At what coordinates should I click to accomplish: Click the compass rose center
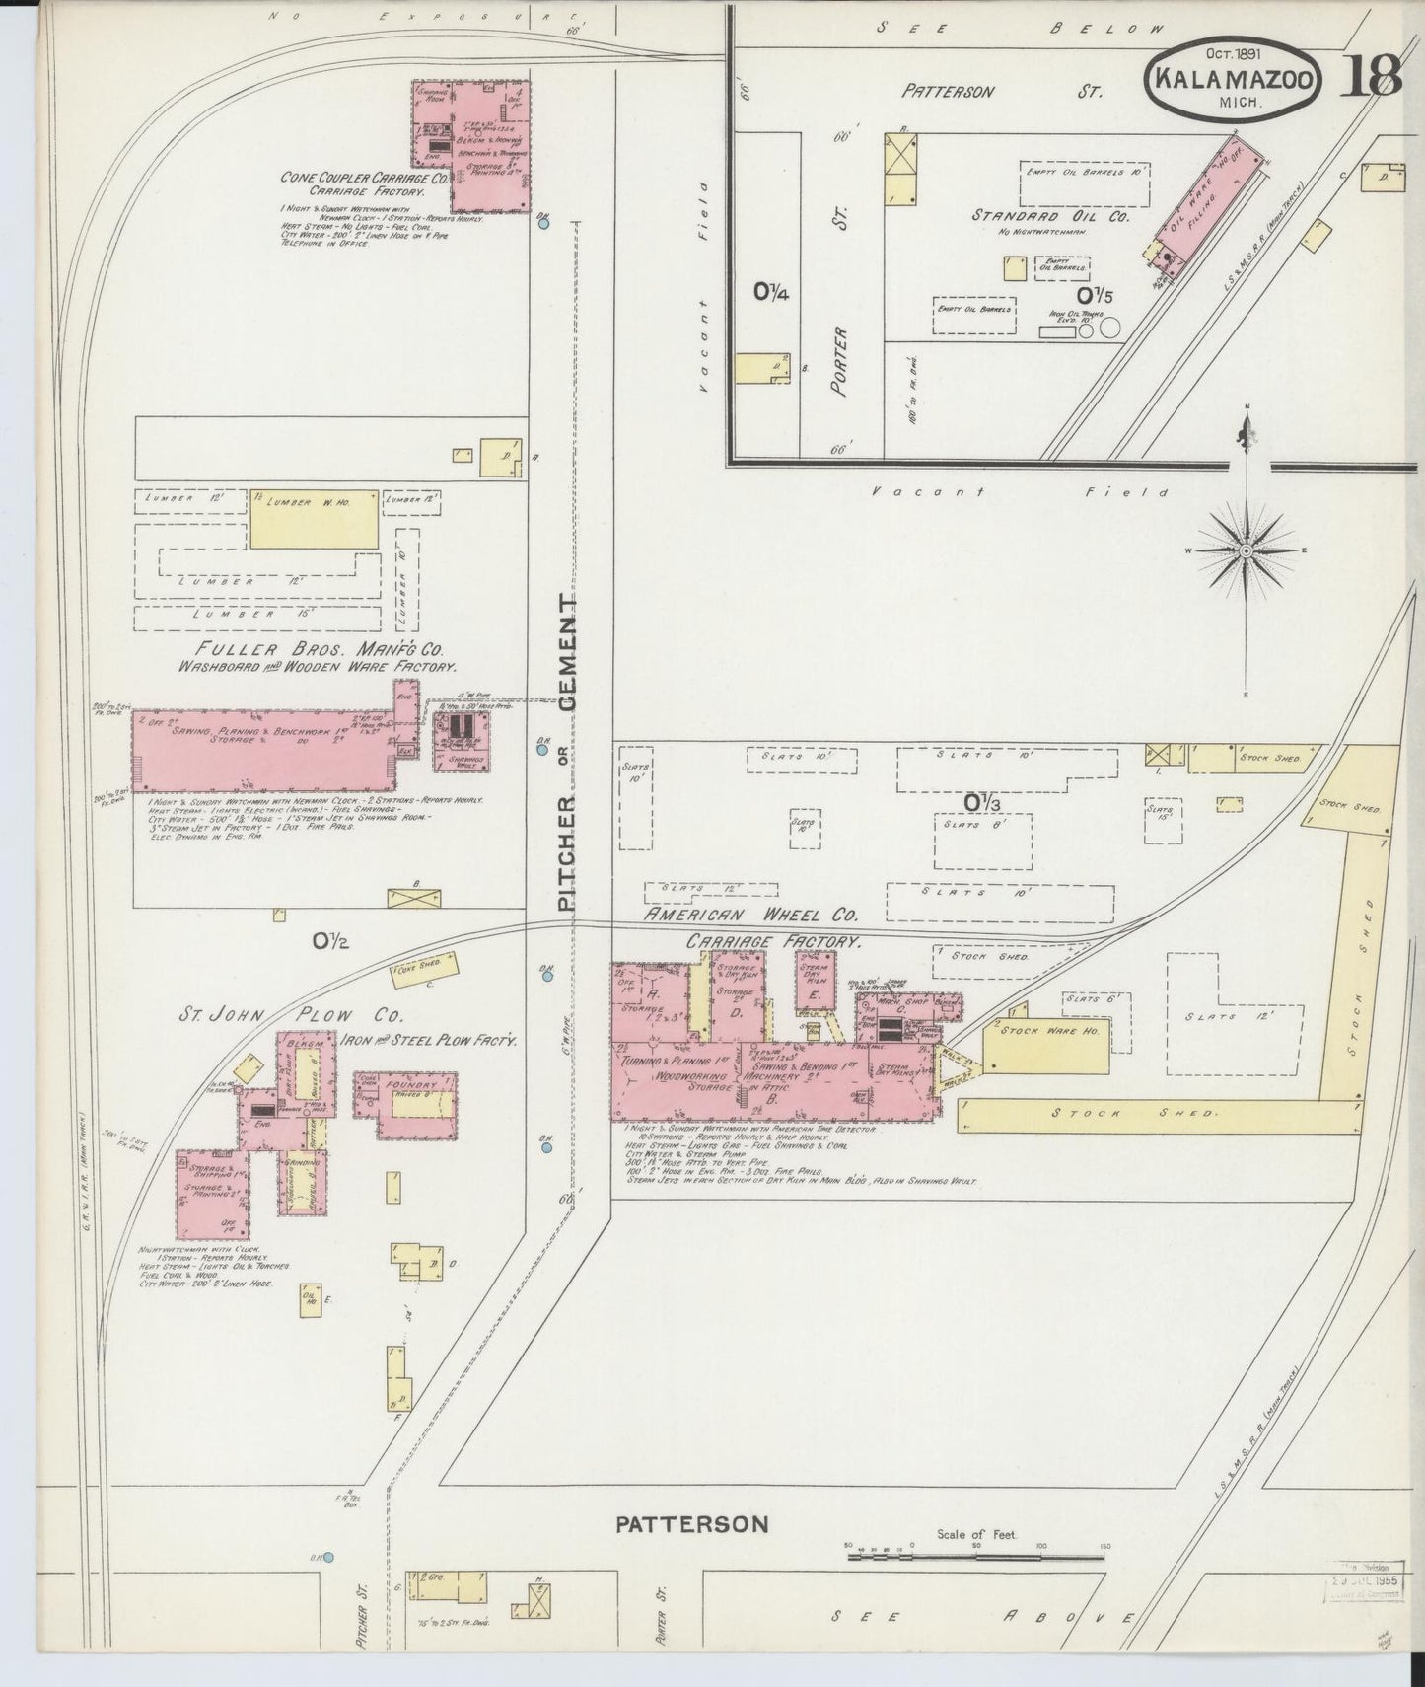coord(1247,550)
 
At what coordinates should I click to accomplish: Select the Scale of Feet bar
coord(976,1557)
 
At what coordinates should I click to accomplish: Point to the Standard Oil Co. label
coord(1050,216)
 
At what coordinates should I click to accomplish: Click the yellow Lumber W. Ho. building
coord(314,518)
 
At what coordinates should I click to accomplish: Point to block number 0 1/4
coord(771,291)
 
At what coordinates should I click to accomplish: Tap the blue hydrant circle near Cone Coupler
coord(544,224)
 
